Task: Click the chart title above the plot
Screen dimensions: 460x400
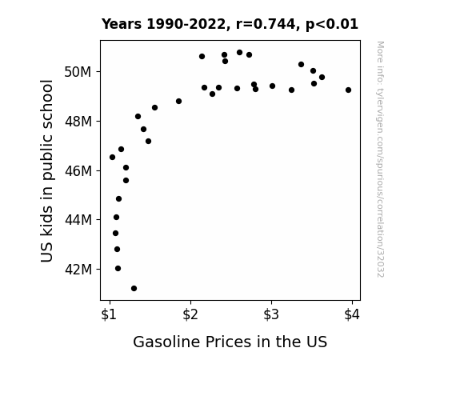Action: tap(230, 24)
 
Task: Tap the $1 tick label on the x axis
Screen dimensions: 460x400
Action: tap(109, 315)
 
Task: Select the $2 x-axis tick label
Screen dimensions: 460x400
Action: tap(190, 315)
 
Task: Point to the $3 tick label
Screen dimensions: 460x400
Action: tap(271, 315)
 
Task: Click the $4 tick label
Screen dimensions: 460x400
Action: tap(352, 315)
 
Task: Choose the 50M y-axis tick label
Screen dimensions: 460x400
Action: tap(78, 72)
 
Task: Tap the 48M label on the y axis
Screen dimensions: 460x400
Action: tap(78, 122)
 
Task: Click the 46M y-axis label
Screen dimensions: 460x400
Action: tap(78, 170)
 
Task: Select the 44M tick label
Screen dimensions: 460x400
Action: tap(78, 220)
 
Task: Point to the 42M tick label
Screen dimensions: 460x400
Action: tap(78, 270)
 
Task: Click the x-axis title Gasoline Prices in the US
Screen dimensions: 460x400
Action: tap(230, 342)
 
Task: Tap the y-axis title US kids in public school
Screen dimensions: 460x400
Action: tap(47, 170)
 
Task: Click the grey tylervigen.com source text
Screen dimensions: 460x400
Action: tap(380, 159)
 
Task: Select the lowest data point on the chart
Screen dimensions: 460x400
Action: tap(134, 289)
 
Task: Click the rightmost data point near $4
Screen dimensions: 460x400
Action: tap(348, 90)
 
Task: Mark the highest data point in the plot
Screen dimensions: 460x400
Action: tap(239, 53)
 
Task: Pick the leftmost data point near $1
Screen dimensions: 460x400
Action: tap(112, 158)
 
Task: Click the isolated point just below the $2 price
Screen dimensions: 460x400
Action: tap(178, 102)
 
